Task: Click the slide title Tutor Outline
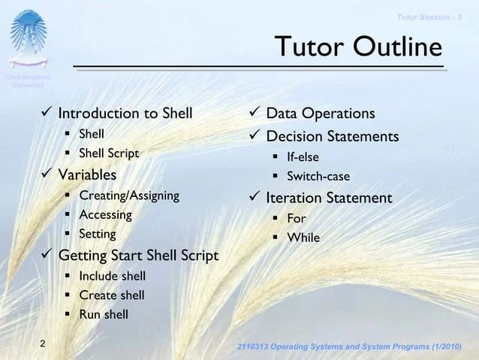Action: tap(357, 48)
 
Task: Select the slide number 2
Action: tap(43, 344)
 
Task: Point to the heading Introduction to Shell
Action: tap(125, 113)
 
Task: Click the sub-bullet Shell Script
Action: tap(109, 153)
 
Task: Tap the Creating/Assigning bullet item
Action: tap(129, 195)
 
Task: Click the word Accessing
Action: tap(105, 215)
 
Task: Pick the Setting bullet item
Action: tap(98, 234)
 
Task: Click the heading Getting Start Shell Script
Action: tap(138, 256)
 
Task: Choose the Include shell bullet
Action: tap(113, 276)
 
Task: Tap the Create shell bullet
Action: tap(112, 295)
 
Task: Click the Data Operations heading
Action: tap(321, 113)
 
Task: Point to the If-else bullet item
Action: tap(303, 157)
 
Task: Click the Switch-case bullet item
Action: tap(318, 177)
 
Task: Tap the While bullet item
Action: tap(303, 238)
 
